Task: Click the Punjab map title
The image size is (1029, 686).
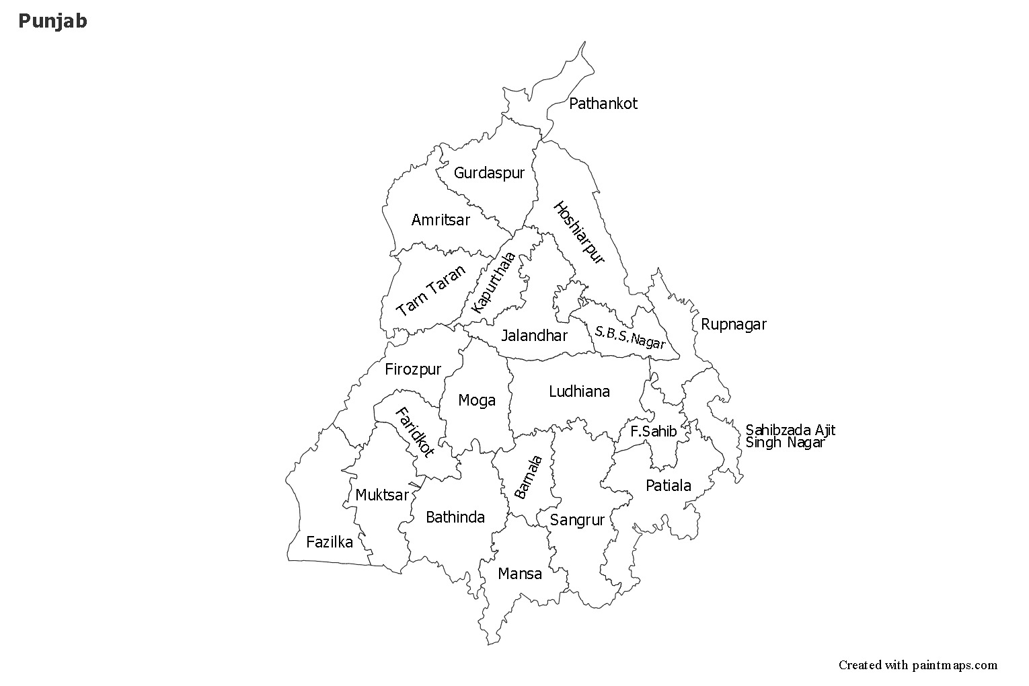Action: tap(52, 22)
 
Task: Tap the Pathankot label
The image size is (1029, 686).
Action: tap(603, 104)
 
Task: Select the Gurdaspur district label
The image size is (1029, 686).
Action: tap(488, 173)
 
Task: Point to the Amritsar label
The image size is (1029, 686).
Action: tap(441, 220)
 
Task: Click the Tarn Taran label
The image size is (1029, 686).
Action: tap(431, 291)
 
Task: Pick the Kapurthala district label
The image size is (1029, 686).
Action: tap(494, 282)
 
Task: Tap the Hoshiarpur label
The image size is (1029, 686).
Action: tap(579, 233)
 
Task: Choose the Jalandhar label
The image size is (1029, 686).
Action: tap(534, 335)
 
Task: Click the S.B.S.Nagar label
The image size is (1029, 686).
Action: tap(630, 337)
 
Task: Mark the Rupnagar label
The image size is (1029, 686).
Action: tap(733, 324)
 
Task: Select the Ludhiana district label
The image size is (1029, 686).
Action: tap(579, 391)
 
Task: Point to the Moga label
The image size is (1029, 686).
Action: tap(476, 401)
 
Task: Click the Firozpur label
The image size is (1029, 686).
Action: tap(413, 369)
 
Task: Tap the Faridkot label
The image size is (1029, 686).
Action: tap(414, 432)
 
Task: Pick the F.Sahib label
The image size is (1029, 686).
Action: tap(653, 431)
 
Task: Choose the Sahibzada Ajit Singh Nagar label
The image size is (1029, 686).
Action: tap(790, 436)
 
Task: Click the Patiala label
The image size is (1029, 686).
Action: tap(668, 486)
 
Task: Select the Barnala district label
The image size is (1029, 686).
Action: tap(528, 477)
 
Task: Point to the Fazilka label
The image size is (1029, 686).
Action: tap(329, 542)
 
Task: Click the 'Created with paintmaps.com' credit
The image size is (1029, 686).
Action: tap(917, 665)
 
